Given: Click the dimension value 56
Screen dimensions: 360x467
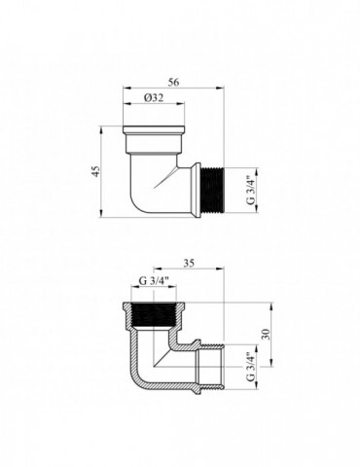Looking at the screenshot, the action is pyautogui.click(x=173, y=83).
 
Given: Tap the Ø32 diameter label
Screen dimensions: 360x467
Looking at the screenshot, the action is pyautogui.click(x=154, y=98).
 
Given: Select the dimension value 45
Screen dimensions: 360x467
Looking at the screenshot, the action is pyautogui.click(x=95, y=171).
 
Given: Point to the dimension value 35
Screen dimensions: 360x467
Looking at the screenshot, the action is pyautogui.click(x=189, y=264).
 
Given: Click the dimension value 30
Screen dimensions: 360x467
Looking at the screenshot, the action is pyautogui.click(x=266, y=334).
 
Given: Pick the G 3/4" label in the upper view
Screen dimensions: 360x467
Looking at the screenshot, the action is pyautogui.click(x=250, y=191).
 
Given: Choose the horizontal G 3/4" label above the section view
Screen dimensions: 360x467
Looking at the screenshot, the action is pyautogui.click(x=154, y=281).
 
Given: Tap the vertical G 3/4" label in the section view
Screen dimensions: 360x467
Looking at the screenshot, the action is pyautogui.click(x=250, y=367).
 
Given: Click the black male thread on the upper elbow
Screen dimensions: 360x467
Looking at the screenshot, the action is pyautogui.click(x=212, y=191).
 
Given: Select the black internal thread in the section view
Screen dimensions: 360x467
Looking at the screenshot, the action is pyautogui.click(x=154, y=315).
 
